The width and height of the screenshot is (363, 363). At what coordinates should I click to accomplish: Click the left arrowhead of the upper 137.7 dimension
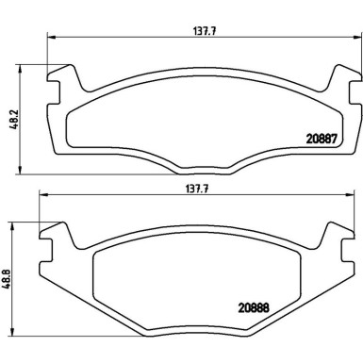(50, 38)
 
